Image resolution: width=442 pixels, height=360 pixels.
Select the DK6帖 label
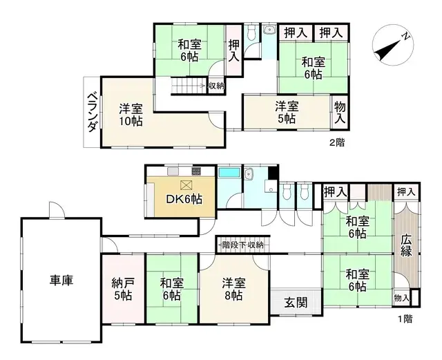[x=184, y=199]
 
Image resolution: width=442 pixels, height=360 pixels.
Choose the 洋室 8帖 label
[x=232, y=289]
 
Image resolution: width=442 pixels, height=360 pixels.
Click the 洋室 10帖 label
[x=130, y=115]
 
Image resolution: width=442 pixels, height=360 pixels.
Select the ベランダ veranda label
[x=91, y=111]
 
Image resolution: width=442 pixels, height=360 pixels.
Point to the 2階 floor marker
[x=336, y=142]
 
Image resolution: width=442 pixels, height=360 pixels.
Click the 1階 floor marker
[x=405, y=319]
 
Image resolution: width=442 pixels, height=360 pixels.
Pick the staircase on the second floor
[x=186, y=86]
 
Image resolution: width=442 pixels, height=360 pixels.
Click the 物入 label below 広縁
[x=401, y=298]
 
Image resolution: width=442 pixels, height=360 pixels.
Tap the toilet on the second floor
[x=251, y=32]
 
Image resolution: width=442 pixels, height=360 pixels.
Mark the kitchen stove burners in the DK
[x=196, y=171]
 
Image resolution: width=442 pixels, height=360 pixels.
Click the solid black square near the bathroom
[x=273, y=173]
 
